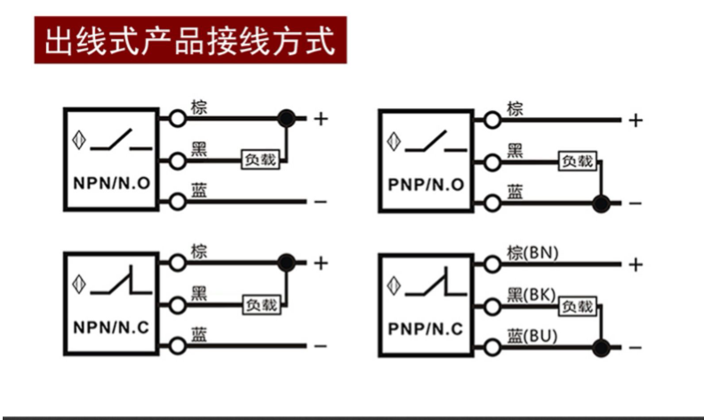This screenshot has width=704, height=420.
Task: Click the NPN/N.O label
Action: (x=111, y=184)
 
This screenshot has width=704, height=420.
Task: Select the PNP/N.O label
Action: (x=427, y=185)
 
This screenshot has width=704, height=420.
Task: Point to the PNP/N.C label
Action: (x=427, y=329)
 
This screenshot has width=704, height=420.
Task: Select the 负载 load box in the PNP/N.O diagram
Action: (x=576, y=161)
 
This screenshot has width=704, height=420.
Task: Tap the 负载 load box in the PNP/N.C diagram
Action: (x=576, y=305)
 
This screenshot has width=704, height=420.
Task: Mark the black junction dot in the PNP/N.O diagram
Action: (x=601, y=203)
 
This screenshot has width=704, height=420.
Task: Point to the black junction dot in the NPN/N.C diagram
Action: (x=286, y=261)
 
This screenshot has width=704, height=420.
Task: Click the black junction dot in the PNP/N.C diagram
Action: (x=601, y=347)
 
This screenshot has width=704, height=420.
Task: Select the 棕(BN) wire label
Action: (x=532, y=253)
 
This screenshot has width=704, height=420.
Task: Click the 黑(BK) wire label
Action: (x=531, y=294)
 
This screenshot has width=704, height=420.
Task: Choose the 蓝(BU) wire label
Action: (x=531, y=336)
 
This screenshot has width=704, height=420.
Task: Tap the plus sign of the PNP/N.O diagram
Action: (x=635, y=120)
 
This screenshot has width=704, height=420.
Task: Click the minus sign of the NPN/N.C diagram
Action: (x=320, y=346)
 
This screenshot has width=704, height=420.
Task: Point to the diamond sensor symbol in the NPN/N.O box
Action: (x=82, y=140)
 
